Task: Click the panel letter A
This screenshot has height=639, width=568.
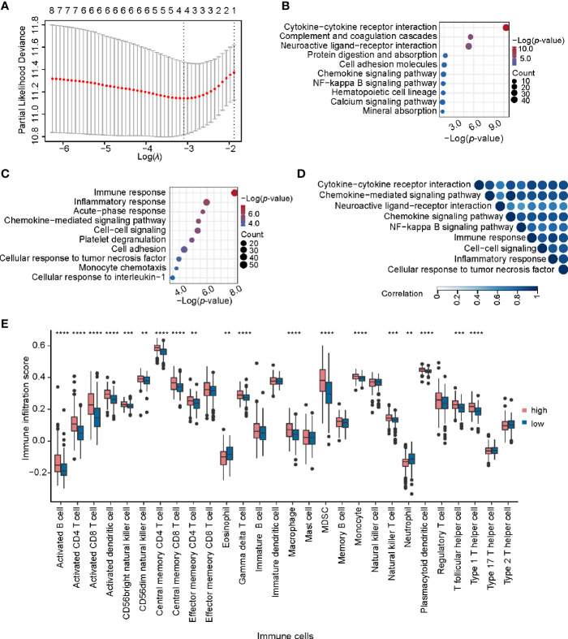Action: pos(6,7)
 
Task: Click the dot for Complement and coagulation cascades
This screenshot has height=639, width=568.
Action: pos(471,37)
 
